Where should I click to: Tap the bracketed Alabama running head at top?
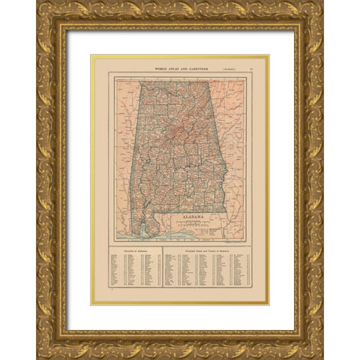[222, 68]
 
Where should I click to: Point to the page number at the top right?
[250, 68]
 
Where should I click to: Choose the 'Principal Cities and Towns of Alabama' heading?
[205, 250]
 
